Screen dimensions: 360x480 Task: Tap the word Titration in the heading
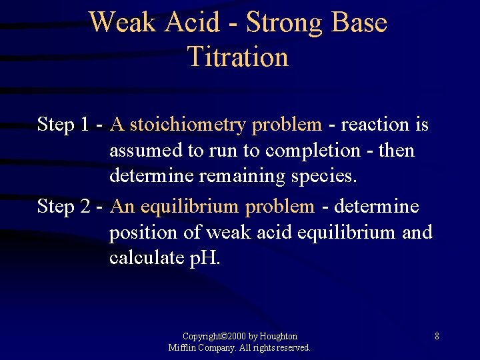(238, 57)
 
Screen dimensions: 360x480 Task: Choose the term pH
(205, 259)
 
